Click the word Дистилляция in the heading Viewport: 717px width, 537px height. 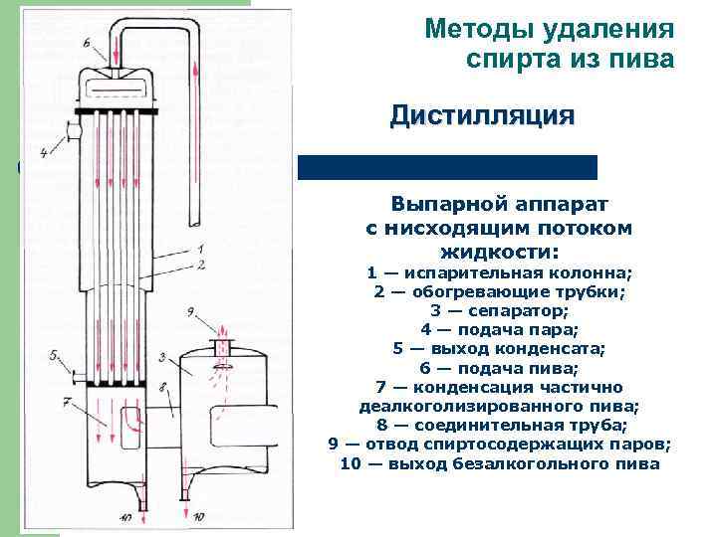click(482, 115)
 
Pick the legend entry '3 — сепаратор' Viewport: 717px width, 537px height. click(499, 311)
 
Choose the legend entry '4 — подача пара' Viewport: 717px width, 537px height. click(499, 330)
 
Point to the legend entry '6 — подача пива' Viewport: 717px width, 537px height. click(499, 368)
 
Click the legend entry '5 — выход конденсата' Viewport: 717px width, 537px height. click(499, 349)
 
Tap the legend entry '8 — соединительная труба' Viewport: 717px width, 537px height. click(499, 425)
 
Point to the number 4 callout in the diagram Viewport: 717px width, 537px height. click(44, 153)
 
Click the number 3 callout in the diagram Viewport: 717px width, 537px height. click(160, 356)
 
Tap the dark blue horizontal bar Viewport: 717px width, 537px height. click(447, 167)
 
